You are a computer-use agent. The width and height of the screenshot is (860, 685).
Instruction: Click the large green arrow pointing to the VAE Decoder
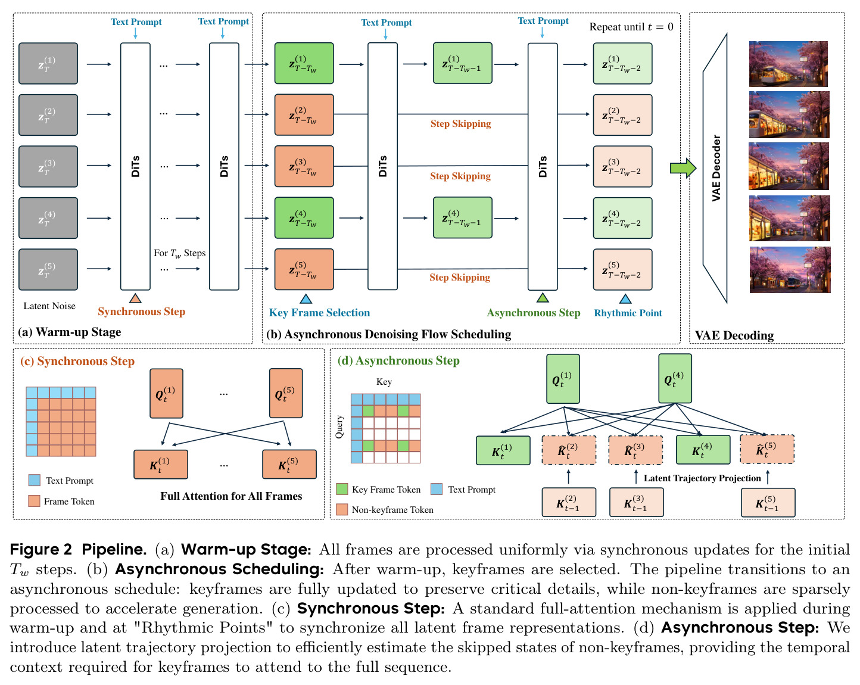point(683,168)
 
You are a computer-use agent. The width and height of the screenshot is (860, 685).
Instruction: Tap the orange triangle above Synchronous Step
point(135,298)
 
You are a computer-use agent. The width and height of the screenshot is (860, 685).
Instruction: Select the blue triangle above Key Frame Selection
point(306,298)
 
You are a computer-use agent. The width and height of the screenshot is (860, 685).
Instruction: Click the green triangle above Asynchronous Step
point(543,297)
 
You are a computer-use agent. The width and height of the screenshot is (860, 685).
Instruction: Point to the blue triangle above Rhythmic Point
point(625,298)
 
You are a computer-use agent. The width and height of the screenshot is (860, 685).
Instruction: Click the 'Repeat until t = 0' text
point(631,27)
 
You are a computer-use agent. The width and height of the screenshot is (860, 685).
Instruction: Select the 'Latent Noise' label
point(49,306)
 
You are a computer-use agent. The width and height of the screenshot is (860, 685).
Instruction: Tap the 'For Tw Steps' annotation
point(179,253)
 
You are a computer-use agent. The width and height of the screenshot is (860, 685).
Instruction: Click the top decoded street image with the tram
point(788,64)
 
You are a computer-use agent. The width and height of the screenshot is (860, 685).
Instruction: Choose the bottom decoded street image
point(790,270)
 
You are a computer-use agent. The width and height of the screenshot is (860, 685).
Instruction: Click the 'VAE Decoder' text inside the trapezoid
point(716,168)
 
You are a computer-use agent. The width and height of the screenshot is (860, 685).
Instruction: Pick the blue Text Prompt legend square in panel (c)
point(35,480)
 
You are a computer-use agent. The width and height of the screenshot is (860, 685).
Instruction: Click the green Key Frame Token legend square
point(342,489)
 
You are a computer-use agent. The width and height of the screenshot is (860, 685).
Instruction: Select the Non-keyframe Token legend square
point(342,509)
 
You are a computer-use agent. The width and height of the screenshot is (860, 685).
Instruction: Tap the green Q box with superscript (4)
point(675,378)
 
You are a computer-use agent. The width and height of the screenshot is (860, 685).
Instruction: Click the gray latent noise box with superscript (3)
point(48,166)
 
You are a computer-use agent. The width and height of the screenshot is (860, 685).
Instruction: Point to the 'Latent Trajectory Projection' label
point(702,478)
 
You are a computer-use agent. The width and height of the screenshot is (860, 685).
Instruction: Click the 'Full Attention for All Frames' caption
point(231,496)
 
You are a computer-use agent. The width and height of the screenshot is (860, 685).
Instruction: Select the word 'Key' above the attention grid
point(384,382)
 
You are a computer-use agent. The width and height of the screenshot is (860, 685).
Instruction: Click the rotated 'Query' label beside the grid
point(339,427)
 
